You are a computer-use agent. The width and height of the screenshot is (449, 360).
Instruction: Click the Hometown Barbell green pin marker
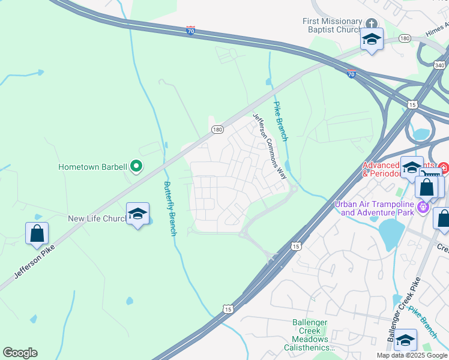coord(136,166)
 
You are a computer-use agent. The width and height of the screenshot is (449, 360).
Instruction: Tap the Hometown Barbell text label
coord(92,167)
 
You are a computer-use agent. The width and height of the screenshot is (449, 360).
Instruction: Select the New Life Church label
coord(96,218)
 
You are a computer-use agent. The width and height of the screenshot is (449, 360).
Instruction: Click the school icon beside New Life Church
coord(137,214)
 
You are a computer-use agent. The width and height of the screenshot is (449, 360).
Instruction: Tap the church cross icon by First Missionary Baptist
coord(371,24)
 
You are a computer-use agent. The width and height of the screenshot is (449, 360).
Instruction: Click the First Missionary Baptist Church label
coord(332,25)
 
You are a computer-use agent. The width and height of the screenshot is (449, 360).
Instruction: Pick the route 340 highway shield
coord(439,64)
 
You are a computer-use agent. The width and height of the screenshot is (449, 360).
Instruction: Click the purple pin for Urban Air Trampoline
coord(424,208)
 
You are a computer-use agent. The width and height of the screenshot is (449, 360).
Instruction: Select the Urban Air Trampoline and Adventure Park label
coord(375,208)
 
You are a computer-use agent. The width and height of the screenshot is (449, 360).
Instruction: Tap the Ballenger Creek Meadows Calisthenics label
coord(310,335)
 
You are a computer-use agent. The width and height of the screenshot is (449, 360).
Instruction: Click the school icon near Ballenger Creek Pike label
coord(405,340)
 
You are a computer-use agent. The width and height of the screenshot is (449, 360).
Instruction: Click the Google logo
coord(20,353)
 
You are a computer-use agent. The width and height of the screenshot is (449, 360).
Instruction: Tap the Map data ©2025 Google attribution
coord(411,355)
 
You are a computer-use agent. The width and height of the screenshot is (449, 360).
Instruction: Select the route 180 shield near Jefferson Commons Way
coord(217,129)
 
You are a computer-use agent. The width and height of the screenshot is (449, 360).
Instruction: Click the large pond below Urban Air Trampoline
coord(391,231)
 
